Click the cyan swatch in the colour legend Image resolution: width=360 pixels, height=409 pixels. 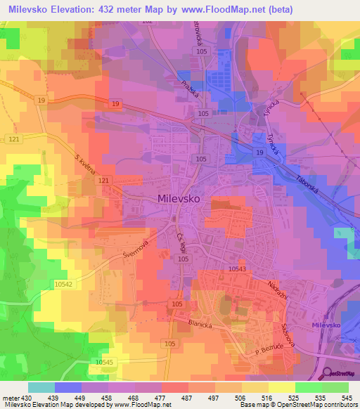coord(41,387)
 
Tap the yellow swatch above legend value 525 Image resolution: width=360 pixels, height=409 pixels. coord(282,387)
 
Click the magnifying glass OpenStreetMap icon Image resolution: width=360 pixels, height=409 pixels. coord(327,373)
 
